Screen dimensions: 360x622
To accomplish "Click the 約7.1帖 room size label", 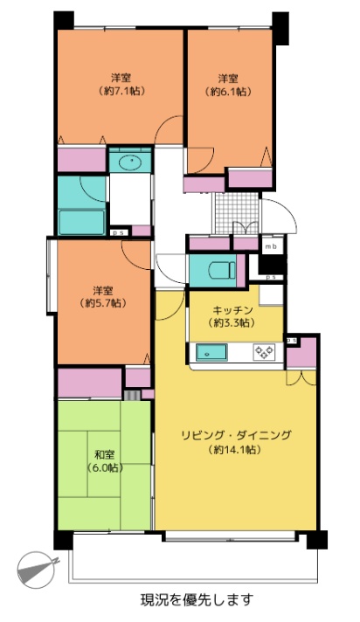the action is (121, 91).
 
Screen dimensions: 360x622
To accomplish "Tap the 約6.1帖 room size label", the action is (228, 92).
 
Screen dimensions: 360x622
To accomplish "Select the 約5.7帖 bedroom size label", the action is (103, 303).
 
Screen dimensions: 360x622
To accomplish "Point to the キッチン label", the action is (233, 309).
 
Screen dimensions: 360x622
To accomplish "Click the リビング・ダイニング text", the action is (236, 435).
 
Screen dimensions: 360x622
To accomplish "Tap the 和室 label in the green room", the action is (105, 454).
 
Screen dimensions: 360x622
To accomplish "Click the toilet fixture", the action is (222, 270).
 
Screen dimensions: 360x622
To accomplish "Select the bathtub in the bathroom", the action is (82, 223).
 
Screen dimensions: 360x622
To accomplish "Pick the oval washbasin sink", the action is (130, 162).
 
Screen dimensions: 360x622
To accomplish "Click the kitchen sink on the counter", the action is (212, 352).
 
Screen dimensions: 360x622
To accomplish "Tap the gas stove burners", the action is (264, 352).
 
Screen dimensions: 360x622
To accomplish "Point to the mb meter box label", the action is (271, 246).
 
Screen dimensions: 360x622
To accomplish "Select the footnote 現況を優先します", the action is (197, 599).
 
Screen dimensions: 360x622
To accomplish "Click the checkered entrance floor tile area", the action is (237, 213).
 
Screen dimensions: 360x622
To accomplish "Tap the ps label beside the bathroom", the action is (118, 233).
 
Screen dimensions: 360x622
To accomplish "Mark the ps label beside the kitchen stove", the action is (292, 341).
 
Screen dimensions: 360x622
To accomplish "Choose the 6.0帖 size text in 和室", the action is (105, 468).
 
